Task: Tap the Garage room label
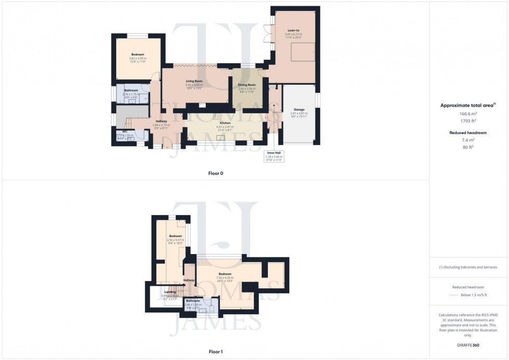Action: (299, 110)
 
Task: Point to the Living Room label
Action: (194, 81)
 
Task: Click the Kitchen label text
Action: (225, 123)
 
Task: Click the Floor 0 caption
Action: (216, 173)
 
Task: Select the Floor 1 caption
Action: (216, 352)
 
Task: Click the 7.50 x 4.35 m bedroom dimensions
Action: (225, 278)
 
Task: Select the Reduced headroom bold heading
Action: (468, 132)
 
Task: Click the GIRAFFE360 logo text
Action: (468, 345)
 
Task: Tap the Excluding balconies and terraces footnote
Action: (468, 267)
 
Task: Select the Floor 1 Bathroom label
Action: (193, 301)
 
